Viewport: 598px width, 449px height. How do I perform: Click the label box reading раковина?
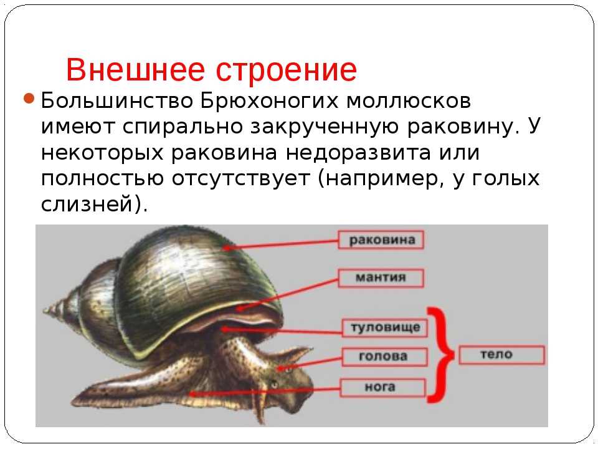(x=381, y=239)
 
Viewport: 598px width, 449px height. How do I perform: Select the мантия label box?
(x=381, y=278)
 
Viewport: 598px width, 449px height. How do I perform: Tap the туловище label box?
(x=385, y=327)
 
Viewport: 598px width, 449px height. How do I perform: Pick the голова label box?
(x=385, y=357)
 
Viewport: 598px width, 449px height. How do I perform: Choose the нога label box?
(x=382, y=387)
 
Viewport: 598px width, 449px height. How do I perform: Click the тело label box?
(x=502, y=355)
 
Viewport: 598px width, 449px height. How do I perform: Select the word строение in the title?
(x=287, y=70)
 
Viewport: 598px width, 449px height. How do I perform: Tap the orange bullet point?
(x=29, y=99)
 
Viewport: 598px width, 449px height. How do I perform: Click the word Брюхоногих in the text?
(x=270, y=101)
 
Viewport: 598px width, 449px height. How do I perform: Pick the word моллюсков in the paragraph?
(x=409, y=102)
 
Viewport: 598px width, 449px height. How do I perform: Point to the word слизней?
(x=87, y=204)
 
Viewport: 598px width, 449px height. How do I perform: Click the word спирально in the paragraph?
(x=183, y=127)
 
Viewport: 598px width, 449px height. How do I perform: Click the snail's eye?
(x=274, y=385)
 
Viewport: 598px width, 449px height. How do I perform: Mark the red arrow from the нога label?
(x=265, y=392)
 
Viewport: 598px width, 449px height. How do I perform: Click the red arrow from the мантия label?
(x=287, y=294)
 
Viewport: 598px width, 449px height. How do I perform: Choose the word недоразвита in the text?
(x=358, y=153)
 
